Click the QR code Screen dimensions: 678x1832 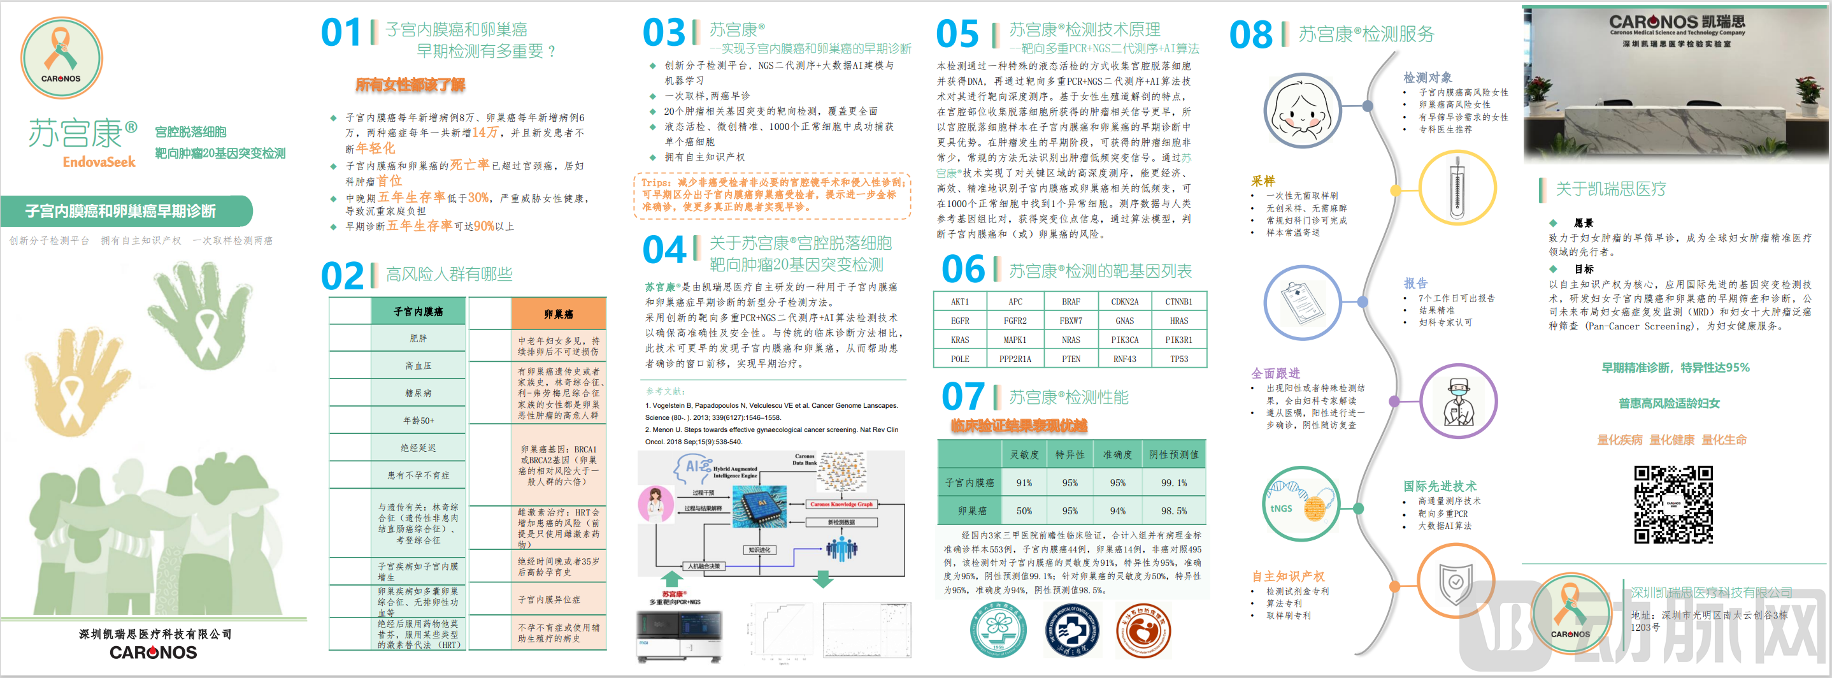(1673, 505)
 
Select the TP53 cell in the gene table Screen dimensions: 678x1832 (1178, 359)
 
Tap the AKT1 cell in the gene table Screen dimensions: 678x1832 (959, 301)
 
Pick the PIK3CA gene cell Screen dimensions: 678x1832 (1124, 340)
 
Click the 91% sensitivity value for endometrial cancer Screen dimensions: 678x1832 (1024, 482)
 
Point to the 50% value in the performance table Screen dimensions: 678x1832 (1024, 511)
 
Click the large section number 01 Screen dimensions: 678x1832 (341, 32)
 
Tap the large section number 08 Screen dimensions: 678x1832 (1250, 35)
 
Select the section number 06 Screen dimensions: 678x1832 (963, 270)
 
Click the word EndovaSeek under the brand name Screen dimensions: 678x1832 (99, 162)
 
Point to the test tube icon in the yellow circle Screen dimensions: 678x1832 (1457, 189)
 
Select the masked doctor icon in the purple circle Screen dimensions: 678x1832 (1457, 401)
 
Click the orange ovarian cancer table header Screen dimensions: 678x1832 (558, 314)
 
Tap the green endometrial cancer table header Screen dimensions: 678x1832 (418, 312)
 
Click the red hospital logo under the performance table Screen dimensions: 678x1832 (1143, 630)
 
